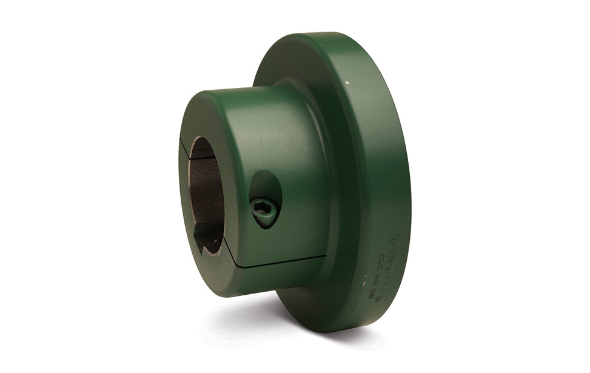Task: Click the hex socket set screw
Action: (264, 211)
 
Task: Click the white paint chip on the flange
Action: (347, 79)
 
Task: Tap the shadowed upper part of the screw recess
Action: (261, 185)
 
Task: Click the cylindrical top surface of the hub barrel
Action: (255, 109)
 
